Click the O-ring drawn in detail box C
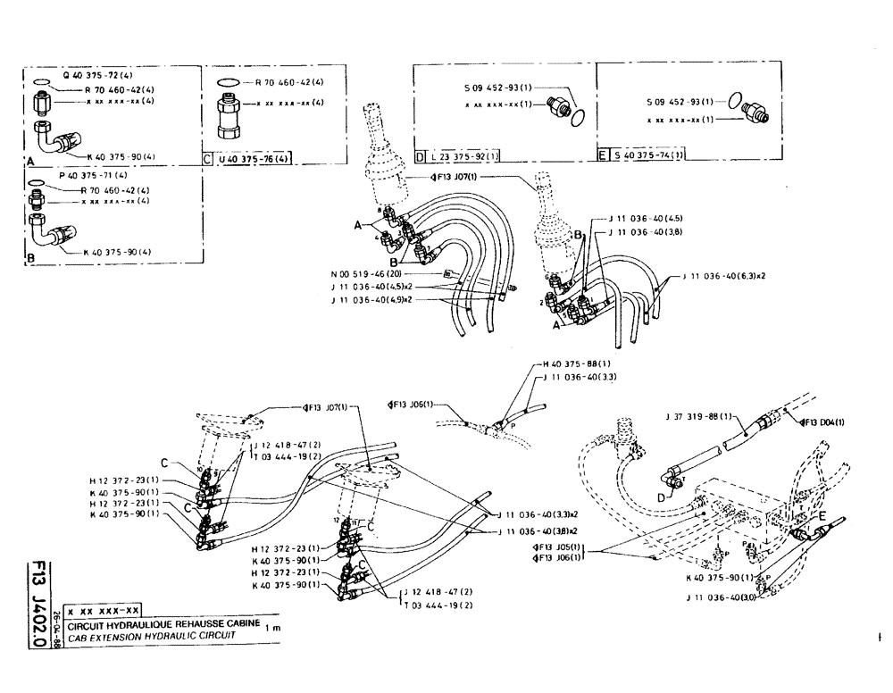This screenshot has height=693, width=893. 228,83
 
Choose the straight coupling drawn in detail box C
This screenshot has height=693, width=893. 229,116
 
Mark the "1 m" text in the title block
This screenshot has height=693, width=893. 272,629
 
